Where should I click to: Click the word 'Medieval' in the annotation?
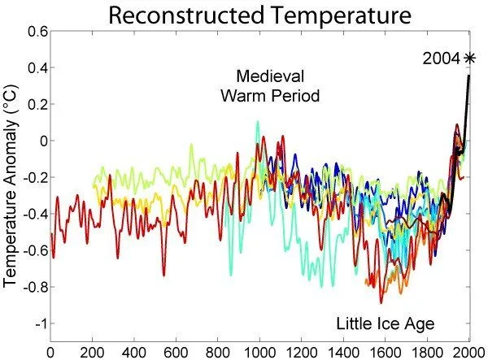(269, 77)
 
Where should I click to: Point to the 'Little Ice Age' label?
(386, 323)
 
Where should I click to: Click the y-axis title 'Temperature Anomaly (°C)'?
(11, 177)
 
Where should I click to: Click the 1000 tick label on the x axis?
(259, 351)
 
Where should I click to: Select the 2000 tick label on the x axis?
(468, 351)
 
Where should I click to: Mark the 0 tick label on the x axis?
(51, 351)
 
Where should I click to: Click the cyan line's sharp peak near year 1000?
(258, 122)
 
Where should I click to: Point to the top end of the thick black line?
(468, 76)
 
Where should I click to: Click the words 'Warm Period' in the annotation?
(269, 96)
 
